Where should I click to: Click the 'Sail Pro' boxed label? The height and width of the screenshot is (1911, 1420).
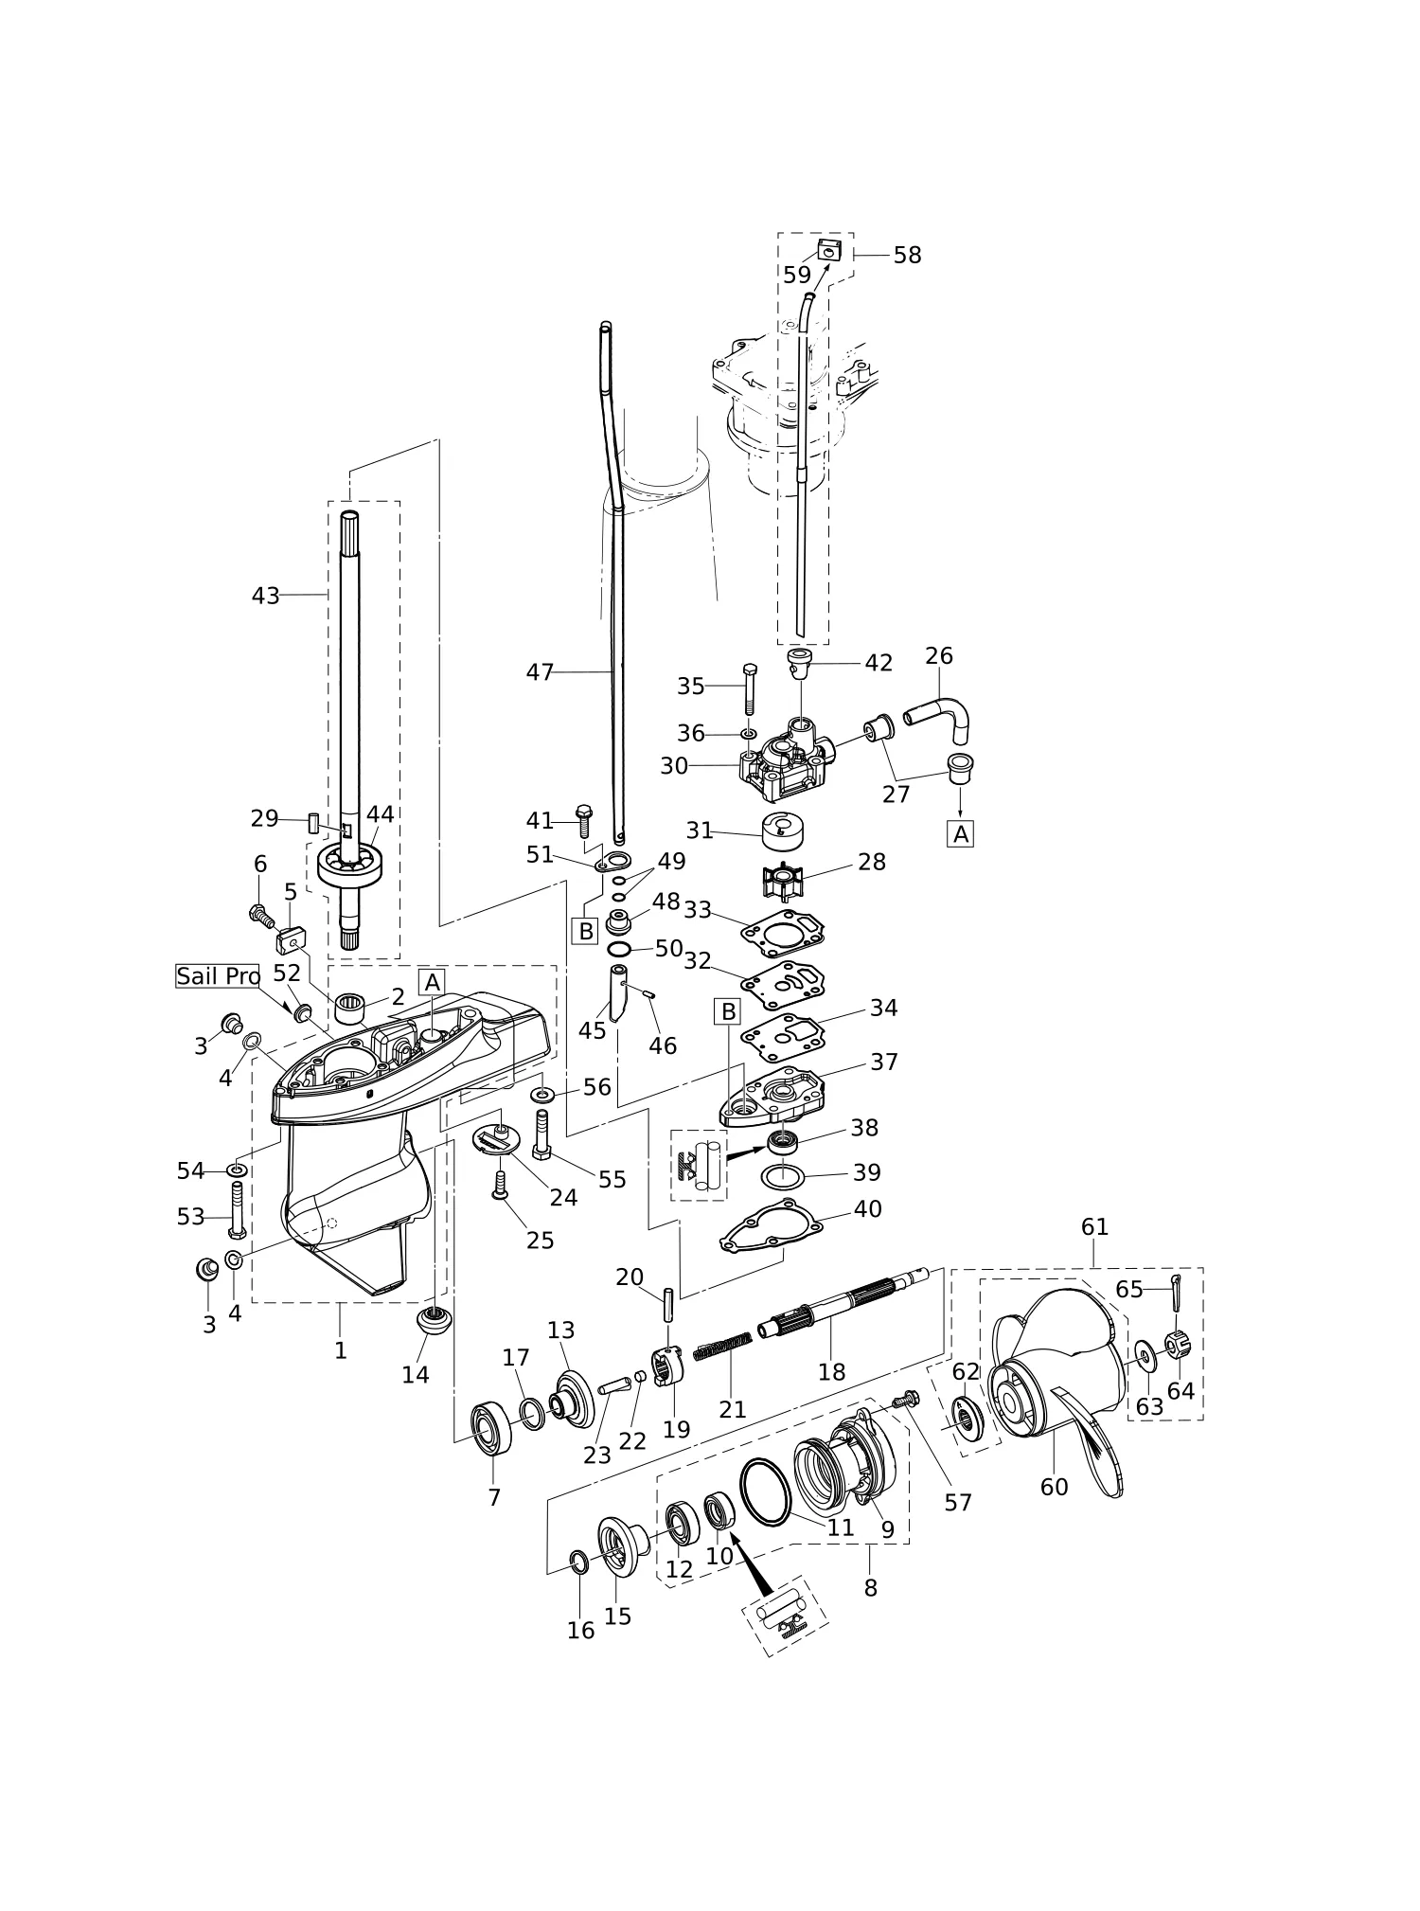click(x=218, y=976)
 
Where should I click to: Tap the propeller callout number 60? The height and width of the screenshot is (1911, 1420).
click(x=1054, y=1488)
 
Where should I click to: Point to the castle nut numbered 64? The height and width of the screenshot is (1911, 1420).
click(x=1177, y=1345)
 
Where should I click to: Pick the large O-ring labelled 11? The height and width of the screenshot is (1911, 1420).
click(x=765, y=1492)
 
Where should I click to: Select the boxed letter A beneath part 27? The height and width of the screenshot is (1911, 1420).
click(x=961, y=834)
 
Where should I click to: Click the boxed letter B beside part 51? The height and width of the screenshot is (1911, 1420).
click(x=586, y=931)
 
